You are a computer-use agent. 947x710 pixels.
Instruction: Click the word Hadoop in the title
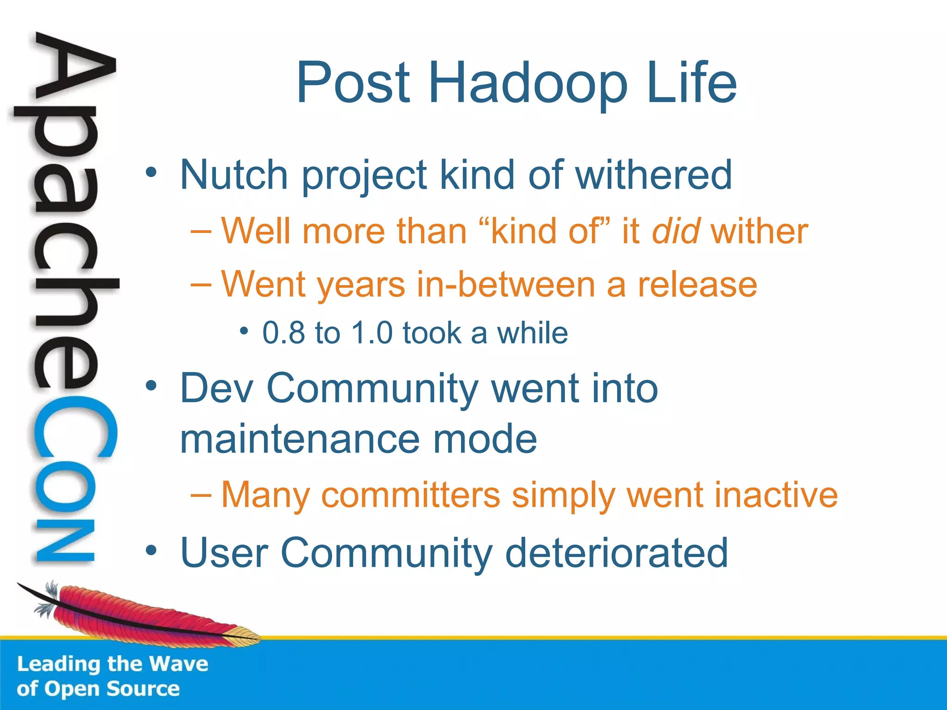point(528,83)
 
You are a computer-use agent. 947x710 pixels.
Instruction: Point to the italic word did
point(675,231)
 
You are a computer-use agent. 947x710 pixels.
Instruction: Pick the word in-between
point(505,284)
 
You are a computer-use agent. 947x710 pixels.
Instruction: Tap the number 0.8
point(284,333)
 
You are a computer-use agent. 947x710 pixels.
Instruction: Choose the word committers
point(411,495)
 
